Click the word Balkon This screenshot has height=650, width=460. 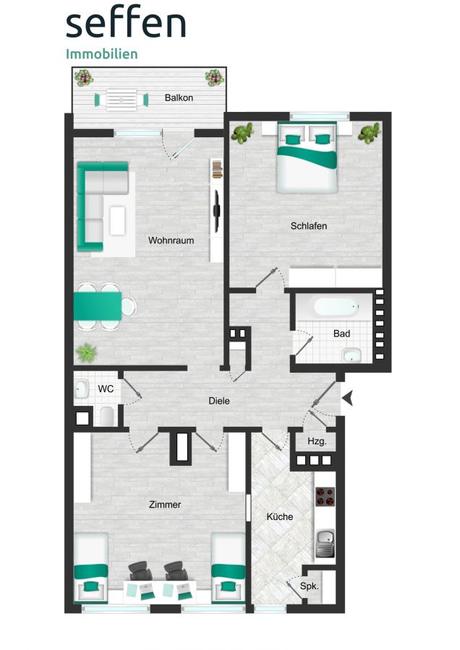tap(179, 97)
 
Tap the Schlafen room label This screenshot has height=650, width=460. tap(308, 226)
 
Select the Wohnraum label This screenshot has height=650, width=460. tap(171, 240)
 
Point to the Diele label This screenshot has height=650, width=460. tap(219, 401)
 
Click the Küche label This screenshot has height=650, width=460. tap(280, 516)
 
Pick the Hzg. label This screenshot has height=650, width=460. tap(318, 441)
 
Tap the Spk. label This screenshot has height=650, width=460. tap(310, 586)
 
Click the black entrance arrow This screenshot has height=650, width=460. tap(347, 399)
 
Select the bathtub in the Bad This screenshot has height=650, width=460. tap(336, 307)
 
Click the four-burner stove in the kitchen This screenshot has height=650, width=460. tap(325, 497)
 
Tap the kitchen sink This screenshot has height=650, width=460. tap(325, 543)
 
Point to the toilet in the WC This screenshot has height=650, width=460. tap(107, 416)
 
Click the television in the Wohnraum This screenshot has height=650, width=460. tap(217, 211)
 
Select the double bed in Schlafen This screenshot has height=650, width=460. tap(307, 157)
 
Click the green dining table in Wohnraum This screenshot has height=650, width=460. tap(98, 306)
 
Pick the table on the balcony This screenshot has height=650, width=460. tap(122, 100)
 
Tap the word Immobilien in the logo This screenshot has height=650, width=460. tap(102, 54)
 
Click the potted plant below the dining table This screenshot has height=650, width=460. tap(87, 352)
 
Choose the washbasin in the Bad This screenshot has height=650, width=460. tap(352, 355)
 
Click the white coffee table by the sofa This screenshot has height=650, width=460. tap(117, 220)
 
